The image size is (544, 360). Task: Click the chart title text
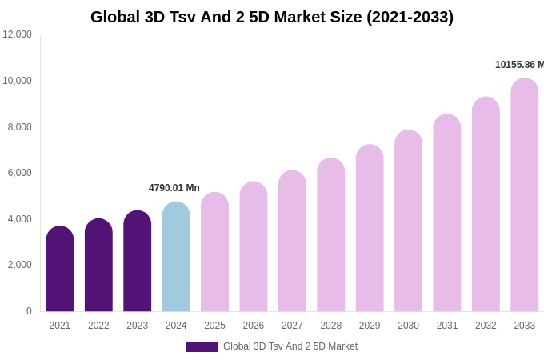[x=272, y=17]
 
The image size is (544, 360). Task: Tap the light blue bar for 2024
[x=176, y=257]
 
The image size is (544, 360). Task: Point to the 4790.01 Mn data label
[x=174, y=188]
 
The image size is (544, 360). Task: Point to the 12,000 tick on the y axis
[x=17, y=34]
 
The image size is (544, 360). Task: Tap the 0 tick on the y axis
[x=29, y=311]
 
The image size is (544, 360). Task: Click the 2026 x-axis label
[x=254, y=326]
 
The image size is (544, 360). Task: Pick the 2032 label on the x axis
[x=486, y=326]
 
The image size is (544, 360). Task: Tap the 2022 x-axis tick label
[x=98, y=326]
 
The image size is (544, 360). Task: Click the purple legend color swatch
[x=202, y=347]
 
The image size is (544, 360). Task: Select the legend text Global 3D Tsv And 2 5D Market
[x=290, y=346]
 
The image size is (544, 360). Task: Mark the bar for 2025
[x=214, y=252]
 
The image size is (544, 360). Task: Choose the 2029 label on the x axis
[x=370, y=326]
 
